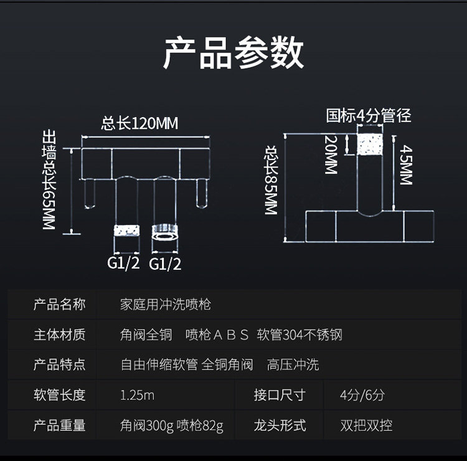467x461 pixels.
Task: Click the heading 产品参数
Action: (x=233, y=53)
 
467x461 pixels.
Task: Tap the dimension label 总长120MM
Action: (x=139, y=123)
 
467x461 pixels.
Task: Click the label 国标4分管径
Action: (x=369, y=116)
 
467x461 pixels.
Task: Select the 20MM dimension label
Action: (x=331, y=154)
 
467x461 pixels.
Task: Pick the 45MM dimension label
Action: (x=406, y=165)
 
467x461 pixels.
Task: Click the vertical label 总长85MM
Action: (x=271, y=181)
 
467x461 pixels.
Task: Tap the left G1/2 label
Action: (x=123, y=263)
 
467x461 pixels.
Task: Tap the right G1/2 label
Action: (x=165, y=264)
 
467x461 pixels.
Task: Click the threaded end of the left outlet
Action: (x=127, y=230)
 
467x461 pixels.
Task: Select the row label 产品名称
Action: (x=59, y=305)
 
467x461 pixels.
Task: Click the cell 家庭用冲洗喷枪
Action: (x=165, y=305)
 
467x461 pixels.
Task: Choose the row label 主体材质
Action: (x=59, y=335)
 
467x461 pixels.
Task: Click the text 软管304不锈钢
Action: (x=300, y=335)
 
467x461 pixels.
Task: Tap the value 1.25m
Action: (x=137, y=395)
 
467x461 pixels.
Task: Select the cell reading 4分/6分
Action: (x=362, y=395)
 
